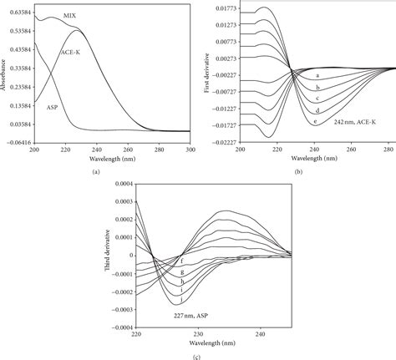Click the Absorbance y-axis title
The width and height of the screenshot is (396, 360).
click(x=4, y=74)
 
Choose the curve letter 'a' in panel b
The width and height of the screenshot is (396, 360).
click(x=317, y=76)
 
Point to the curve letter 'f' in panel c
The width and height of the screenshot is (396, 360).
click(x=182, y=261)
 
